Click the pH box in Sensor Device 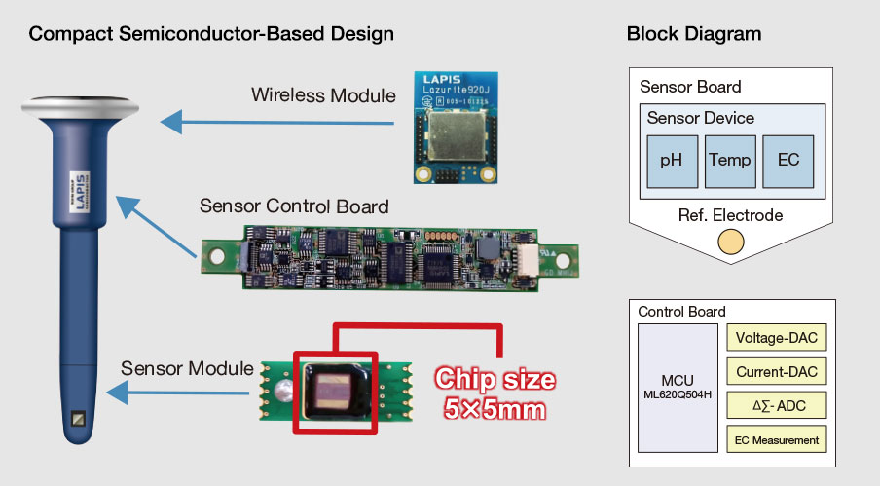[x=672, y=162]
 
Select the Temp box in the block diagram [x=729, y=162]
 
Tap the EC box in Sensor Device [x=788, y=162]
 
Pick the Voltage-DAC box [x=776, y=339]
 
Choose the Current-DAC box [x=776, y=372]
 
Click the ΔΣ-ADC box [x=776, y=405]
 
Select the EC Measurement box [x=776, y=438]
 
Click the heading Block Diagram [x=694, y=34]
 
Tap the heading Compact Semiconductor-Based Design [x=211, y=34]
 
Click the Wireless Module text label [x=323, y=95]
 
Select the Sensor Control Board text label [x=294, y=206]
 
